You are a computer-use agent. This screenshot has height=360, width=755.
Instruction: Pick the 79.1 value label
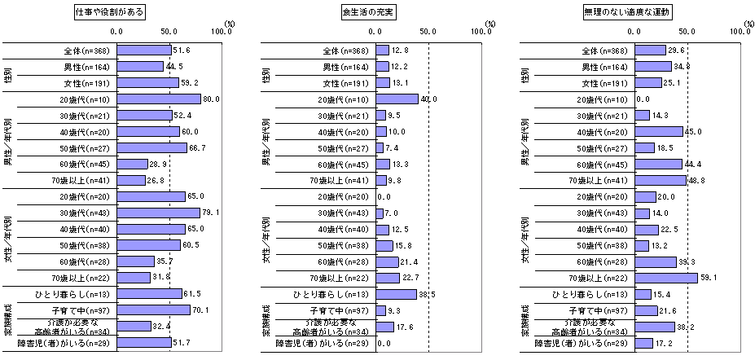click(210, 213)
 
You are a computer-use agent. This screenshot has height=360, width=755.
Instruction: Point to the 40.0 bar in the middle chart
click(397, 99)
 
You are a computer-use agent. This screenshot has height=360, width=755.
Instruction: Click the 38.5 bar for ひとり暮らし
click(396, 293)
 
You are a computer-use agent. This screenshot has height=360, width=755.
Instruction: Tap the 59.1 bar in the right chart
click(667, 277)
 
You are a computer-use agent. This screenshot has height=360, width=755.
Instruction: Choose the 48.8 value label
click(696, 180)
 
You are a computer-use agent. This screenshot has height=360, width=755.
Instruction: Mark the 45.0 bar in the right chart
click(660, 131)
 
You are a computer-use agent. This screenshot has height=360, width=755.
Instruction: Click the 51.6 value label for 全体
click(181, 50)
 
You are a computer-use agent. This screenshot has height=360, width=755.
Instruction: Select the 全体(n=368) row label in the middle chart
click(345, 50)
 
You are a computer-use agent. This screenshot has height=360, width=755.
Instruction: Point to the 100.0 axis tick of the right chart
click(740, 32)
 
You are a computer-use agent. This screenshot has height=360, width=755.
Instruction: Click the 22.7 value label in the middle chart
click(410, 277)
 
